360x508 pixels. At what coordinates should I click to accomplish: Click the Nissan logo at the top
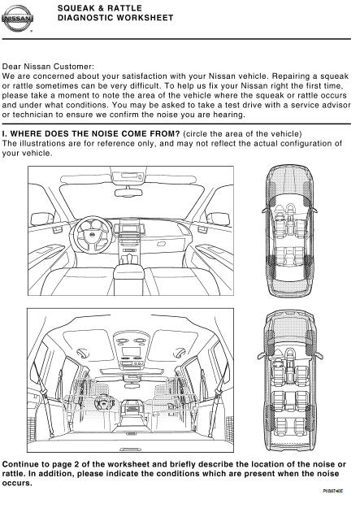(x=17, y=19)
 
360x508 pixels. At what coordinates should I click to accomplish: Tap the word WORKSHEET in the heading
(x=145, y=18)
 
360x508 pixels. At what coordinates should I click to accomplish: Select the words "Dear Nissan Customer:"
(x=48, y=67)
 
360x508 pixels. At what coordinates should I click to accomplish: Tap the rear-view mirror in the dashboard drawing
(x=128, y=192)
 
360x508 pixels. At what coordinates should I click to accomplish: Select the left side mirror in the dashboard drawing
(x=41, y=219)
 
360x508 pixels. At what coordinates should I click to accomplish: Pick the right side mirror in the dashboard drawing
(x=218, y=219)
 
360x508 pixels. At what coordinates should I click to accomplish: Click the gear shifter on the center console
(x=129, y=258)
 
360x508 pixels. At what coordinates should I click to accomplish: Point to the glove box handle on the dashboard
(x=162, y=244)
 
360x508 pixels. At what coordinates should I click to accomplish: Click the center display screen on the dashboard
(x=129, y=228)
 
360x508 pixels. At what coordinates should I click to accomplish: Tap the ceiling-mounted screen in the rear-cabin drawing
(x=131, y=351)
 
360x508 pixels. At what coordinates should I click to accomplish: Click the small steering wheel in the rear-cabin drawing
(x=104, y=403)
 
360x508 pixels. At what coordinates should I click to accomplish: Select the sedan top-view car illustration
(x=288, y=231)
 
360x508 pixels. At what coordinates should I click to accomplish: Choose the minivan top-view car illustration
(x=289, y=380)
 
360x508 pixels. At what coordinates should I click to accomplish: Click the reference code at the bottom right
(x=332, y=491)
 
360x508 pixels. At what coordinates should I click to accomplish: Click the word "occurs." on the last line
(x=17, y=483)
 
